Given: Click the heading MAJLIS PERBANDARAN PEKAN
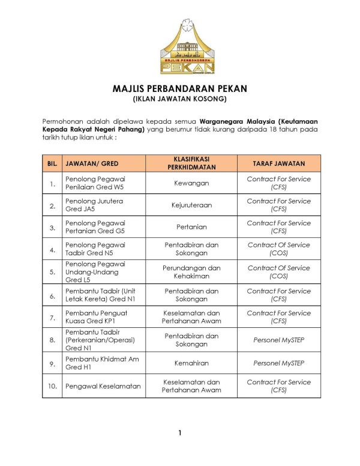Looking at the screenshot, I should pos(179,88).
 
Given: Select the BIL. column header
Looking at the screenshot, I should pos(52,163).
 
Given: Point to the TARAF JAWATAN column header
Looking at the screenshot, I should pos(279,163).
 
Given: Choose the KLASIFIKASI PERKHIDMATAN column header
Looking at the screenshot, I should pos(191,163).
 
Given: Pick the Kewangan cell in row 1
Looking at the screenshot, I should pos(191,183).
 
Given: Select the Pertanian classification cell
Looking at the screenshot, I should pos(191,227).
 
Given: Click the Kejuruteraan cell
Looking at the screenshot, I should pos(191,205).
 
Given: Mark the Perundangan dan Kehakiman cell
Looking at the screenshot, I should pos(191,272).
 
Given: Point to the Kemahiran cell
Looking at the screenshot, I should pos(191,363).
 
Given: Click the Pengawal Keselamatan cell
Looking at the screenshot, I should pos(103,386).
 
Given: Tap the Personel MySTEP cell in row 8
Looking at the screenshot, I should pos(279,340).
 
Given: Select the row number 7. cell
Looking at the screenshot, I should pos(52,317).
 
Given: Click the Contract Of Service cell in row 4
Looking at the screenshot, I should pos(279,249).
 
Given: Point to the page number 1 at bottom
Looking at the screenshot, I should pos(179,433).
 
